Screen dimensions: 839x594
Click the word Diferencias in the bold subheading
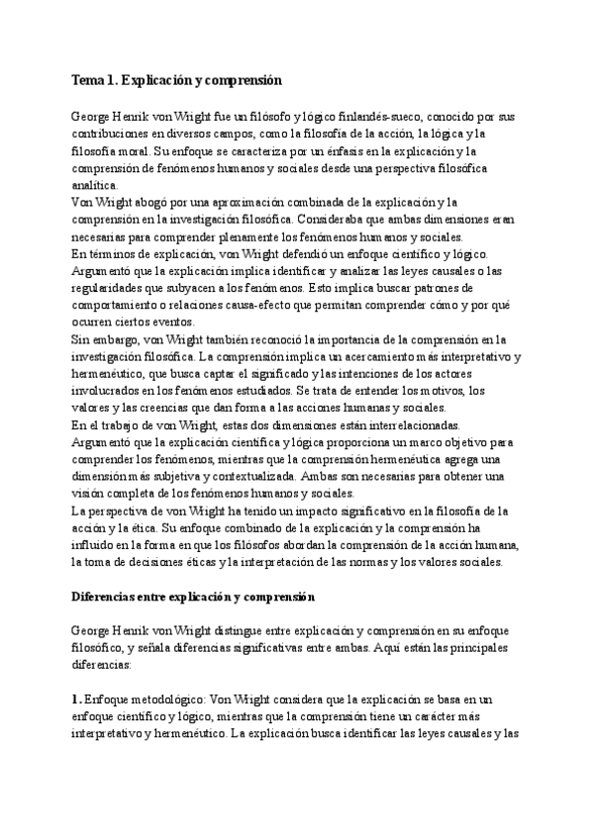tap(107, 597)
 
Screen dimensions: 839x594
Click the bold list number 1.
tap(76, 699)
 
